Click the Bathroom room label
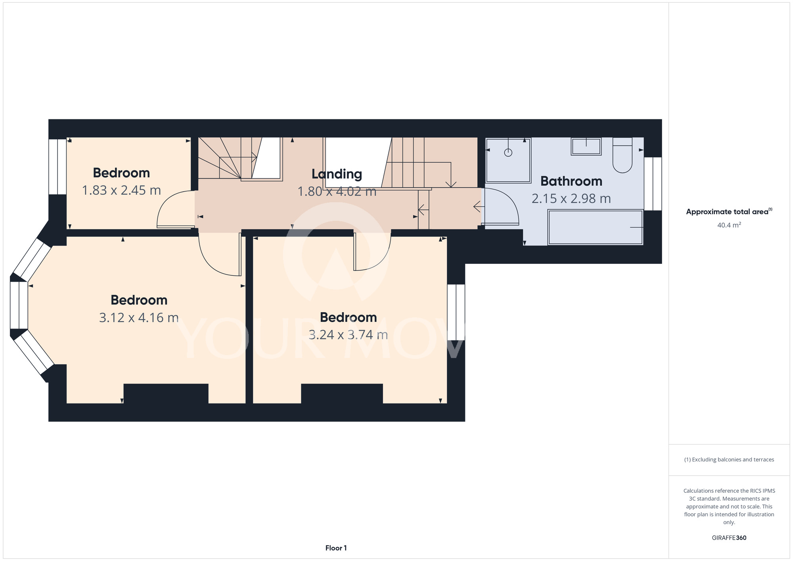coord(571,181)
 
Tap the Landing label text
coord(337,174)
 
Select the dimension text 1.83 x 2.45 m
coord(121,190)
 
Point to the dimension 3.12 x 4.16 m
coord(139,318)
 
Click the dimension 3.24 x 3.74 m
coord(348,335)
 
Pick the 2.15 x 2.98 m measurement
coord(571,198)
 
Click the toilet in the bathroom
coord(623,155)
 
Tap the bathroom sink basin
coord(586,146)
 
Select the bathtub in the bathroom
coord(595,227)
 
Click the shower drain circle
coord(508,152)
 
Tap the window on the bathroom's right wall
coord(653,184)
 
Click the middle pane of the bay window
coord(19,305)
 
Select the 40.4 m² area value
coord(729,225)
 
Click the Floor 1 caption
coord(336,548)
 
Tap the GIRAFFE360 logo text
coord(729,538)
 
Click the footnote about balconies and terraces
coord(729,459)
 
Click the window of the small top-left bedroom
coord(57,167)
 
